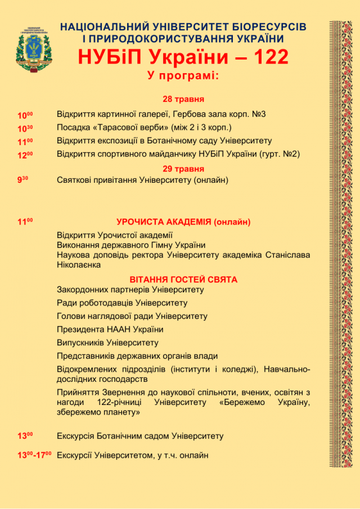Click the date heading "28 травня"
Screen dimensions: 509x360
click(183, 99)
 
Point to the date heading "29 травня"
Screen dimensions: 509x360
click(183, 168)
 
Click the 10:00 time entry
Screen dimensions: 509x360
click(25, 115)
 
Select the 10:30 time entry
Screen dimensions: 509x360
click(25, 129)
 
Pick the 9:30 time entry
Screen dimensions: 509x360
click(23, 181)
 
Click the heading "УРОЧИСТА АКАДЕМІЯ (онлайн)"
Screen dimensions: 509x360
click(183, 222)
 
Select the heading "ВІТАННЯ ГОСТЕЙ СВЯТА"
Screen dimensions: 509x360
click(183, 280)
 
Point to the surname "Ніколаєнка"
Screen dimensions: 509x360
click(79, 264)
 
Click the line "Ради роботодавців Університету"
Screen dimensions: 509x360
click(122, 303)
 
